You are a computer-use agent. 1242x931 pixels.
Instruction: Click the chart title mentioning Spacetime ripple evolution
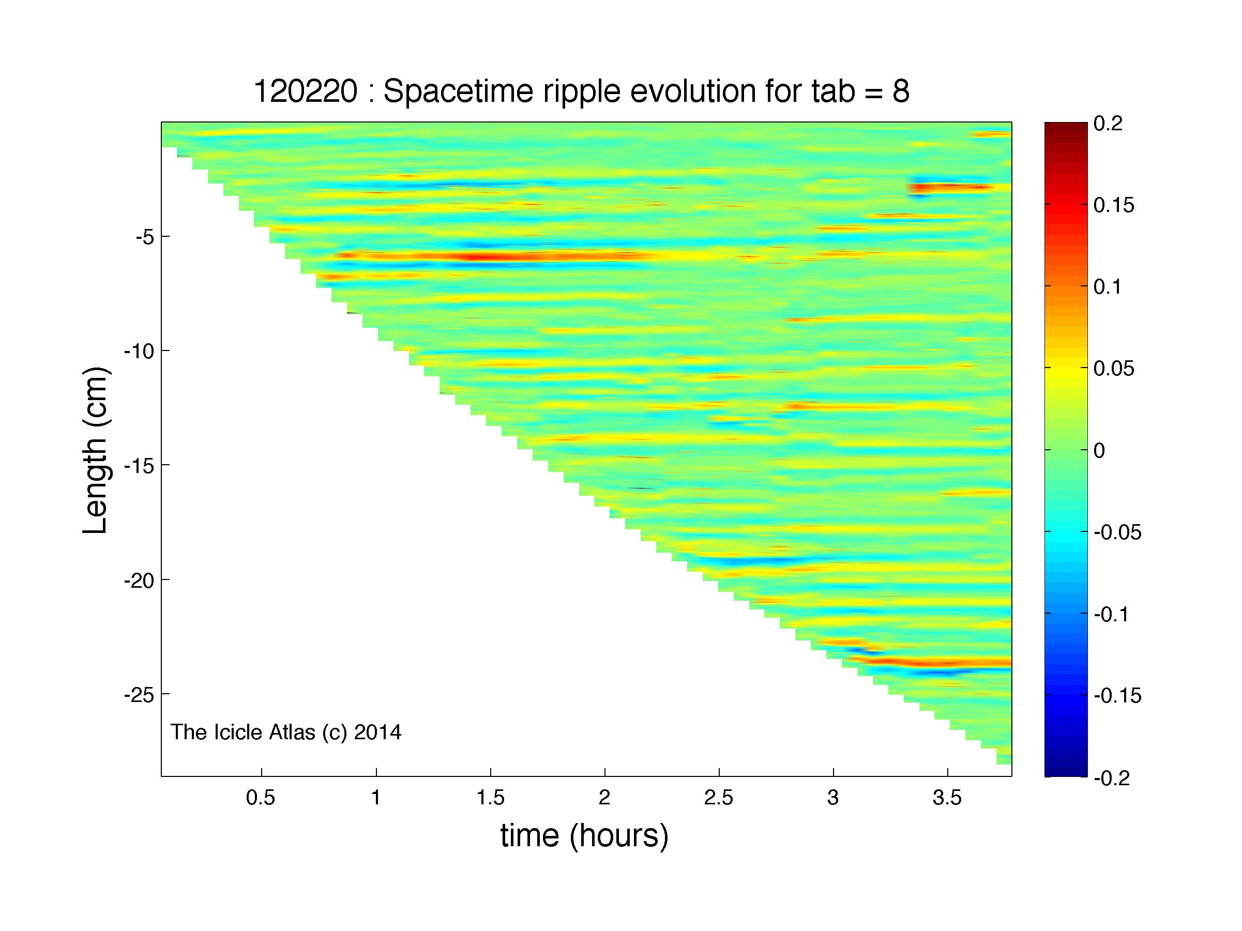581,91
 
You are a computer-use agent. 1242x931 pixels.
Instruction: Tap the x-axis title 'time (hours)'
584,835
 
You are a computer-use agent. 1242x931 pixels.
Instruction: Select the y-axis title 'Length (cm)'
95,450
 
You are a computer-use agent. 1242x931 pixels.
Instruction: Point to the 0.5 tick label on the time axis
261,798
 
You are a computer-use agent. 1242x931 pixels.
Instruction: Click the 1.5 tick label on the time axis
491,798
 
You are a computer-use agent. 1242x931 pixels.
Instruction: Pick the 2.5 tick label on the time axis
719,798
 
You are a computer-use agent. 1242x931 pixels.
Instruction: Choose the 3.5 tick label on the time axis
947,798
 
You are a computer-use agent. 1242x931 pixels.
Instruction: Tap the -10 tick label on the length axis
139,350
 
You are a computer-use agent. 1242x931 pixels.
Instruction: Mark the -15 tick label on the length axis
139,465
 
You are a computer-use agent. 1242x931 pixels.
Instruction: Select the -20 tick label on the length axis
139,579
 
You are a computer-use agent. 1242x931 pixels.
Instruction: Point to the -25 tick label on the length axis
139,694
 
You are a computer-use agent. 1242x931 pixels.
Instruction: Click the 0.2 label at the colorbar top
1108,123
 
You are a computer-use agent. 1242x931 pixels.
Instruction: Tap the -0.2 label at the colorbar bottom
1112,778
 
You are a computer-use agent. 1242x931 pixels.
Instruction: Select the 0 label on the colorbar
1099,450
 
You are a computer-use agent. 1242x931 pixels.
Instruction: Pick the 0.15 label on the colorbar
1114,205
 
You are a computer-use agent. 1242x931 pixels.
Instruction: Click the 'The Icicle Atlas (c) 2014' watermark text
286,732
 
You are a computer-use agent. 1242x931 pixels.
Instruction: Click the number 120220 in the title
306,91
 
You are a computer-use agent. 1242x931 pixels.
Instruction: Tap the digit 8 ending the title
901,91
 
